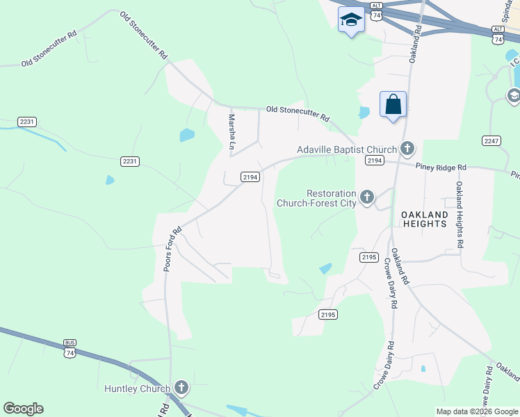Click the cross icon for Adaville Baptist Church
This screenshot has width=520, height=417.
407,149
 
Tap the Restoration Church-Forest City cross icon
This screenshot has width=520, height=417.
366,198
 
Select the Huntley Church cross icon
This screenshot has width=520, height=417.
181,388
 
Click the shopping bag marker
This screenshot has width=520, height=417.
393,106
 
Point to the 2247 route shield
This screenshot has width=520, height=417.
491,140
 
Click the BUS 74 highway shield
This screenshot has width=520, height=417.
70,350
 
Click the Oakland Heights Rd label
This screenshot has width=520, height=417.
460,215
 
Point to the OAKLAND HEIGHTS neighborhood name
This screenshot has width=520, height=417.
424,219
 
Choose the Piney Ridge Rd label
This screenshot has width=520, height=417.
441,167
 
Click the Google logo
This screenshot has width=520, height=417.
23,409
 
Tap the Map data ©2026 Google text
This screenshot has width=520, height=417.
477,411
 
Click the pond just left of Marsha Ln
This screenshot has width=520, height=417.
187,135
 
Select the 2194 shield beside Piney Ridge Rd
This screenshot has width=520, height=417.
375,161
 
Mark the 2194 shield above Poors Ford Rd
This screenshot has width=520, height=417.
250,177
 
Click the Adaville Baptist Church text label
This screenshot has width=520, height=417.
346,149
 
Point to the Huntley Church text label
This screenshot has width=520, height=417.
137,389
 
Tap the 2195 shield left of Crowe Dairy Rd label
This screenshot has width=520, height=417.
369,257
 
